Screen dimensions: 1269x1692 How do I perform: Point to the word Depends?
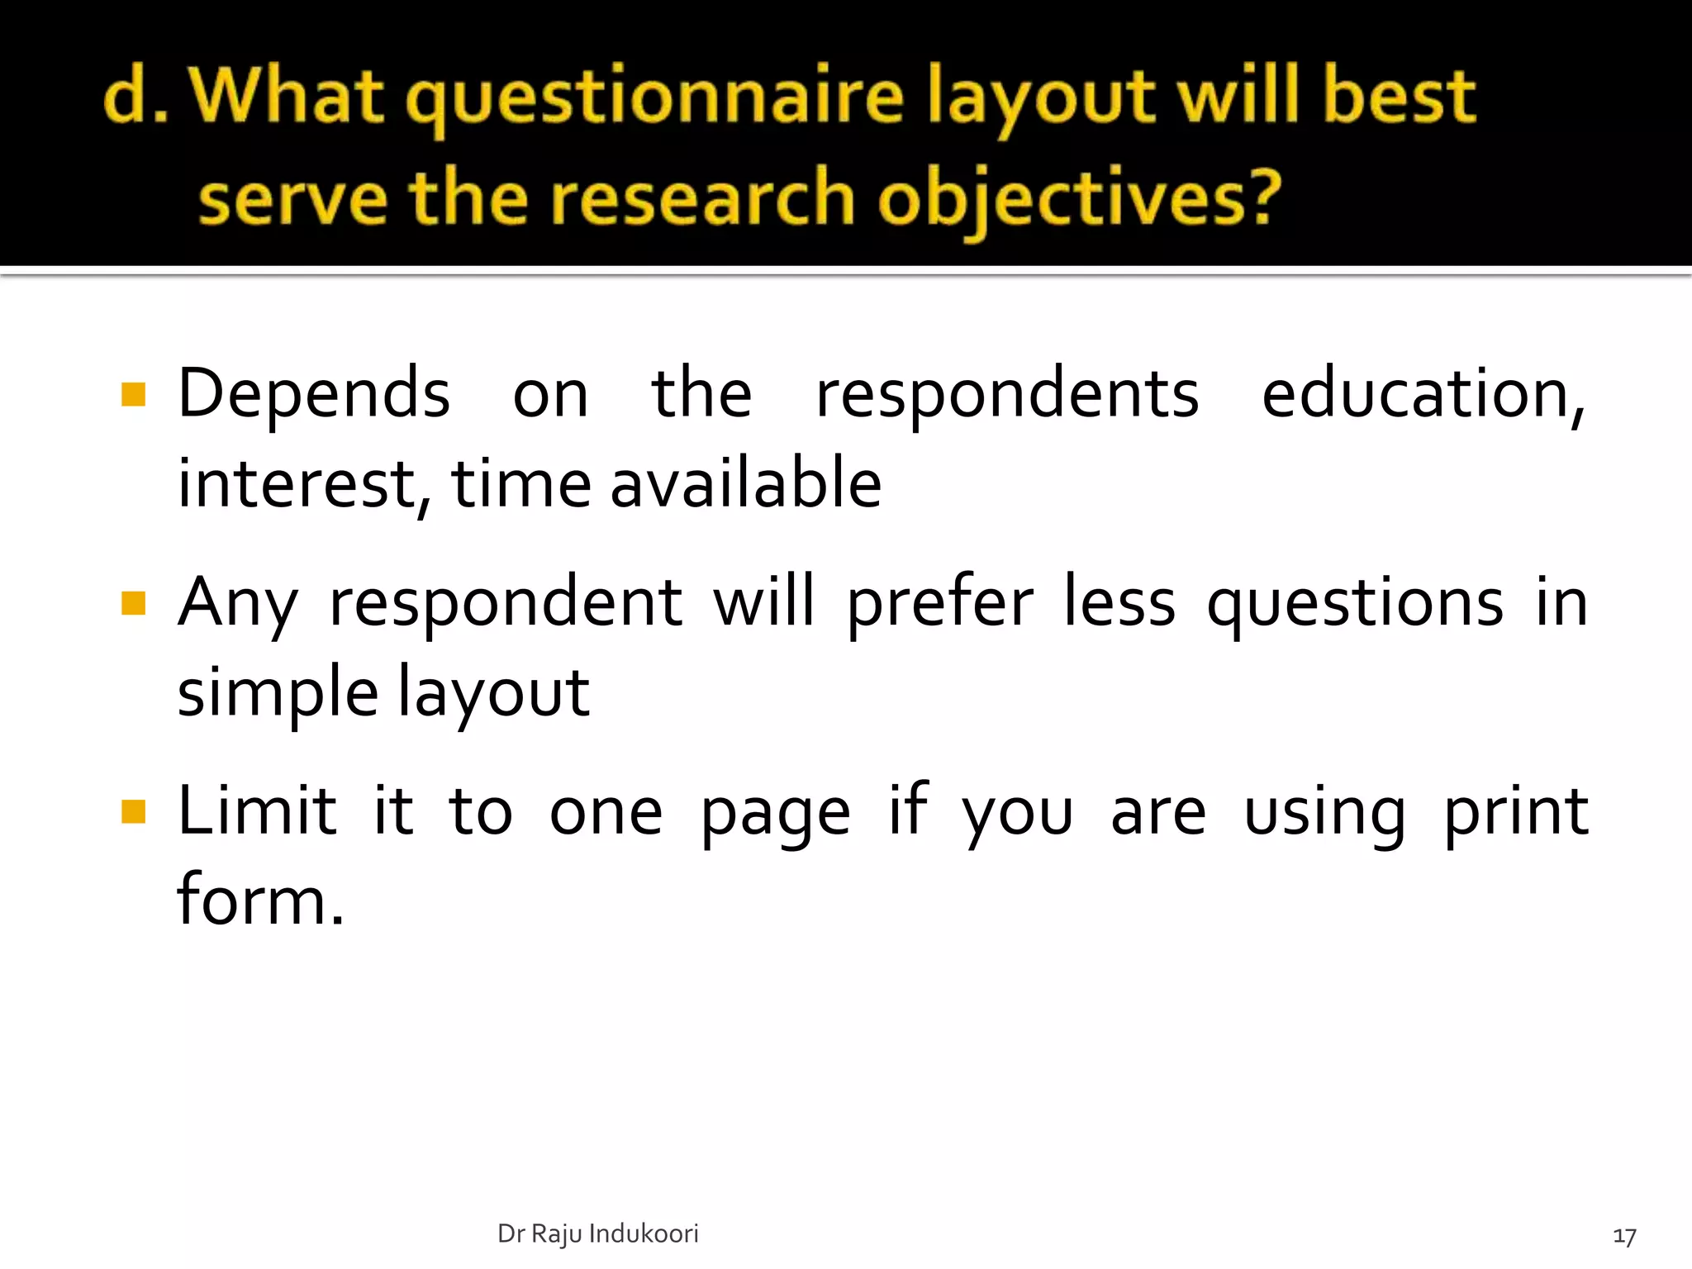click(x=314, y=393)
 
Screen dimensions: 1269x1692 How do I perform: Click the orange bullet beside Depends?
click(x=133, y=395)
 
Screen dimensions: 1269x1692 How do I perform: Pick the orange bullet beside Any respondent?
click(x=133, y=603)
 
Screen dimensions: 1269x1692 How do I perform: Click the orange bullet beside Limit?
click(x=133, y=812)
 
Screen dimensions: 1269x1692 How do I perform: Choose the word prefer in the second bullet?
click(x=939, y=603)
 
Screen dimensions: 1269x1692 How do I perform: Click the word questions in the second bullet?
click(x=1355, y=603)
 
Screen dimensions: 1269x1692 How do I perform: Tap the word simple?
click(x=278, y=692)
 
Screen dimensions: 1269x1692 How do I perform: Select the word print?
click(x=1515, y=812)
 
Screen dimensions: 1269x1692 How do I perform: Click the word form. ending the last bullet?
click(x=259, y=901)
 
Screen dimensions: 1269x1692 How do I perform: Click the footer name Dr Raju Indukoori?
click(x=597, y=1233)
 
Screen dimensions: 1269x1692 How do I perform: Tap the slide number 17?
click(x=1624, y=1236)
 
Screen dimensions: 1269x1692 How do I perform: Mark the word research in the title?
click(x=701, y=198)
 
